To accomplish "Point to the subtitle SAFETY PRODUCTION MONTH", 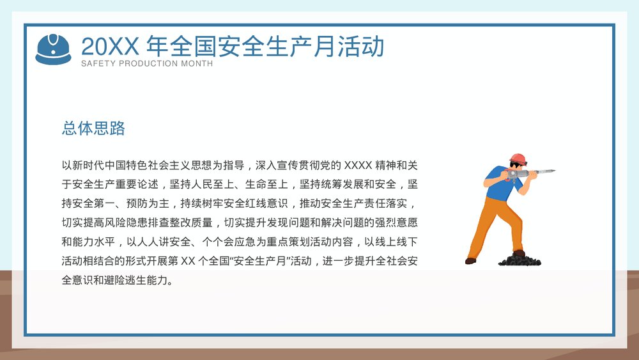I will tap(147, 64).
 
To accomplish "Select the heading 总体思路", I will tap(93, 129).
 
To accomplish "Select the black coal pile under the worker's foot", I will tap(520, 260).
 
